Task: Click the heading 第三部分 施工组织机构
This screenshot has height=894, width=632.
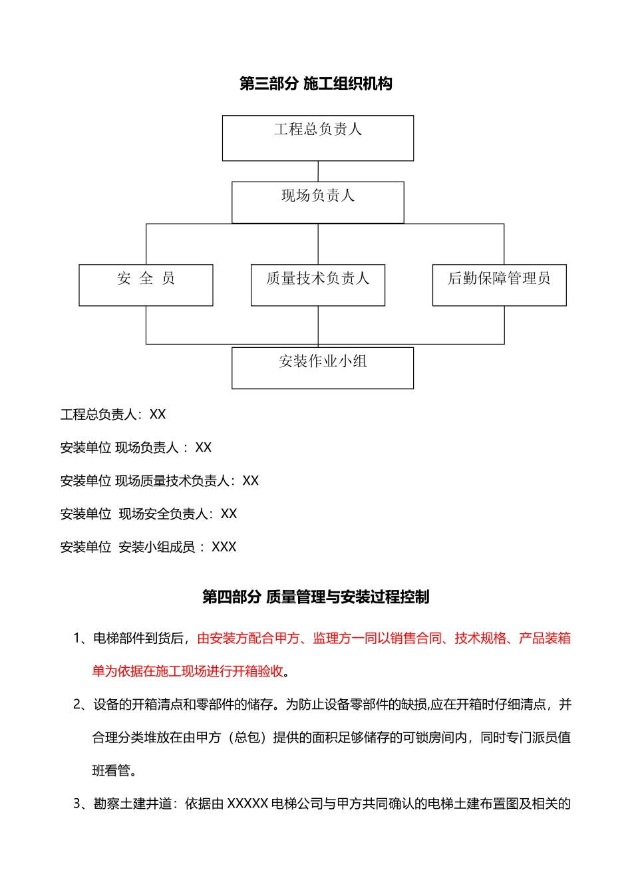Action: (x=316, y=84)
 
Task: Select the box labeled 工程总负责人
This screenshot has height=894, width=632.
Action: (x=318, y=138)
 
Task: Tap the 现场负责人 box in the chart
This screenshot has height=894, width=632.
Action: (x=318, y=202)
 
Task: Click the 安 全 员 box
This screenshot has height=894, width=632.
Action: (x=146, y=285)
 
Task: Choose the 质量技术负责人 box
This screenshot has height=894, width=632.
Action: (x=318, y=285)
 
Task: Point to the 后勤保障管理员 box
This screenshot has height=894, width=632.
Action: (x=499, y=285)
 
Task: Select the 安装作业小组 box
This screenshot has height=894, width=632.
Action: (x=323, y=367)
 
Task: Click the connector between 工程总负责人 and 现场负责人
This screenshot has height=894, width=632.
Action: (x=318, y=171)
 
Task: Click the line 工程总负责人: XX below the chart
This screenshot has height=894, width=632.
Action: (x=113, y=414)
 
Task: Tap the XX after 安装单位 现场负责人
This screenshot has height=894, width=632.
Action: (x=204, y=448)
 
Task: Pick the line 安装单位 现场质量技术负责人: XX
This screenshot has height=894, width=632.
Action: (x=160, y=481)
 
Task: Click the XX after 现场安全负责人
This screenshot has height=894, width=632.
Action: (x=229, y=514)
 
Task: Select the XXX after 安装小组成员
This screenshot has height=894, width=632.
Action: (x=224, y=547)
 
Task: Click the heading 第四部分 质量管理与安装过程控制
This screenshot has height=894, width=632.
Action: (x=316, y=597)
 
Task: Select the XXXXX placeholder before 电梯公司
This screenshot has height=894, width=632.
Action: (x=247, y=804)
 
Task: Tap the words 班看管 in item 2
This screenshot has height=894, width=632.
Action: (x=111, y=771)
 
